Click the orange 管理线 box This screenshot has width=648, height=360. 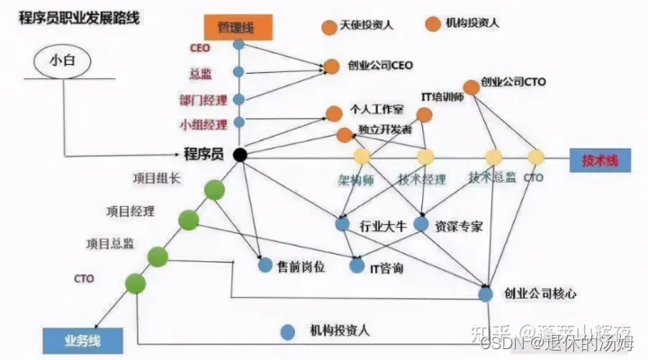pyautogui.click(x=236, y=28)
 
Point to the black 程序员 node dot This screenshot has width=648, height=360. pyautogui.click(x=239, y=156)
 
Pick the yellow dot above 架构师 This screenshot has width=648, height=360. pyautogui.click(x=361, y=157)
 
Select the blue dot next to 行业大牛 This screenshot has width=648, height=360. pyautogui.click(x=342, y=223)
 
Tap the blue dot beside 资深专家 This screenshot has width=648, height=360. pyautogui.click(x=420, y=223)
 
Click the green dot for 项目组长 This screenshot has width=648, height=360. pyautogui.click(x=214, y=190)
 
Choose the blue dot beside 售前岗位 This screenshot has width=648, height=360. pyautogui.click(x=265, y=265)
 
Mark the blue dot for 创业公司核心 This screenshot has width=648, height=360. pyautogui.click(x=486, y=293)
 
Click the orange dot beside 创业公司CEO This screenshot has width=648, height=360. pyautogui.click(x=331, y=66)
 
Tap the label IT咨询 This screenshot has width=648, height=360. pyautogui.click(x=386, y=268)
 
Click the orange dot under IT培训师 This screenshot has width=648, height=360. pyautogui.click(x=424, y=115)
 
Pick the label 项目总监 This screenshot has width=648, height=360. pyautogui.click(x=111, y=244)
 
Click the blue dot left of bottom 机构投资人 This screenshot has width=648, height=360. pyautogui.click(x=287, y=331)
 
